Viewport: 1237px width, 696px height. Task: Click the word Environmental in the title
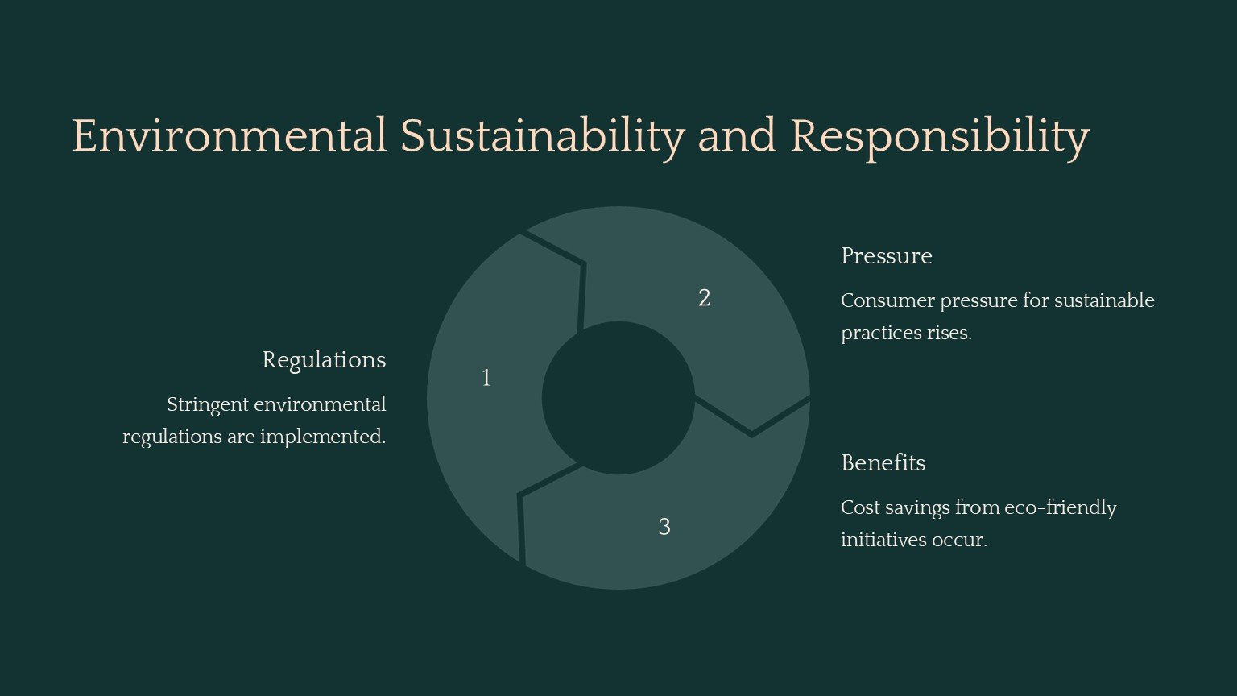[230, 135]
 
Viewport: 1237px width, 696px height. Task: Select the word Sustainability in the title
[543, 138]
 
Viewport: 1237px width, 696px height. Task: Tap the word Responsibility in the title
[940, 138]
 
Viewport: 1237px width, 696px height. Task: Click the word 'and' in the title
[737, 135]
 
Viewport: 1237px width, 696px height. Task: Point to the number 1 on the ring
[486, 379]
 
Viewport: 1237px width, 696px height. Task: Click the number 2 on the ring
[704, 298]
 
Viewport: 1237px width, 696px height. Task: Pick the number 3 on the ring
[664, 527]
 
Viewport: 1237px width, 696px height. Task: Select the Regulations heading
[325, 361]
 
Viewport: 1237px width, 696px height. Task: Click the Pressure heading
[887, 256]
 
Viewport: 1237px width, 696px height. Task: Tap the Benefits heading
[883, 463]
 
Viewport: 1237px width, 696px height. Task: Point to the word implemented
[323, 437]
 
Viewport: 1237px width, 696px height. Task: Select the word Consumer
[888, 301]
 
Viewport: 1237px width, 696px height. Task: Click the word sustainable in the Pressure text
[1104, 301]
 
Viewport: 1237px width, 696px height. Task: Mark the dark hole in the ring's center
[618, 398]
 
